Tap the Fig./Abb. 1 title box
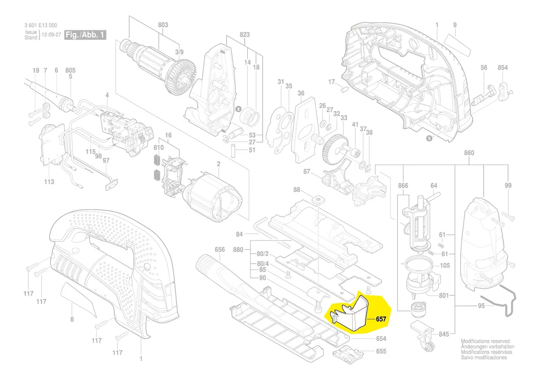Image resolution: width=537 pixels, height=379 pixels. [x=85, y=35]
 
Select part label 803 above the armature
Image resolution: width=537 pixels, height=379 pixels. [x=163, y=25]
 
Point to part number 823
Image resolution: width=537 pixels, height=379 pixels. [x=244, y=34]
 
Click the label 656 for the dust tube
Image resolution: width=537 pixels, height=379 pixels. [x=220, y=250]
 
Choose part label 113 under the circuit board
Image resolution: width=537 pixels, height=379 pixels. [x=49, y=182]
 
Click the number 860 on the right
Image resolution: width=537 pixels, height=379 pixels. [x=469, y=153]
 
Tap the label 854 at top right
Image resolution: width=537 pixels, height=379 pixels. [x=503, y=67]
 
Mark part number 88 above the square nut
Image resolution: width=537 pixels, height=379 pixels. [x=297, y=189]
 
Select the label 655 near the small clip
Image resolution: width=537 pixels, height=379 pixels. [x=381, y=351]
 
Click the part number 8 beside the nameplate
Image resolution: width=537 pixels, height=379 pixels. [x=72, y=319]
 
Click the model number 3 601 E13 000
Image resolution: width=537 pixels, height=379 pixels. [x=41, y=26]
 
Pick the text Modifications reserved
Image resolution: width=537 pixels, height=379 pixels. [x=486, y=341]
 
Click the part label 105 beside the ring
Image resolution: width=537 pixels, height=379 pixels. [x=445, y=266]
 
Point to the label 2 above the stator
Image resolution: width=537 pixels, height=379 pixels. [x=219, y=164]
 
